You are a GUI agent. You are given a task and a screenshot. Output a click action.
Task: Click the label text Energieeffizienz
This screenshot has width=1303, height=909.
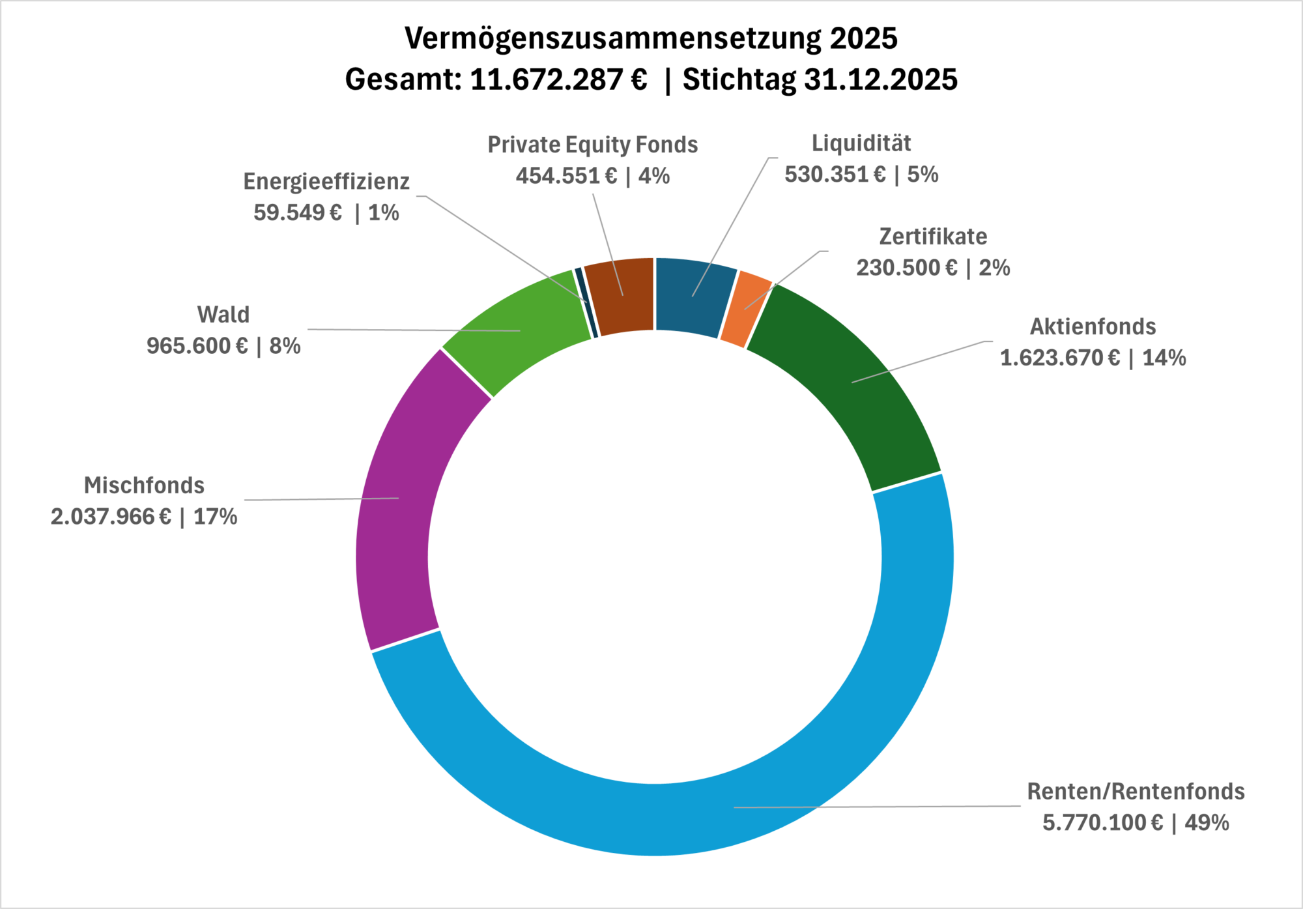[326, 182]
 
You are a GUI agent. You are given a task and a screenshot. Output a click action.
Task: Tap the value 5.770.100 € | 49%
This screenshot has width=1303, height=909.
[1136, 823]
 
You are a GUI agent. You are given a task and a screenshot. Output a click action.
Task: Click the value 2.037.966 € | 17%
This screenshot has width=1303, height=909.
[144, 517]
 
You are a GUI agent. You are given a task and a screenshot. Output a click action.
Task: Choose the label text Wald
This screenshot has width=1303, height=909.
[223, 315]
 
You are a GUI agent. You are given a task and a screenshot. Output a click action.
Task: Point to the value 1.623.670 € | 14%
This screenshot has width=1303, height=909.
[1093, 358]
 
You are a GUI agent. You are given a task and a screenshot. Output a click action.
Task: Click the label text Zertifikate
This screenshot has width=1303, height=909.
[933, 237]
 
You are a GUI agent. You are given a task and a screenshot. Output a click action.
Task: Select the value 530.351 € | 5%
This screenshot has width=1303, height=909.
[861, 175]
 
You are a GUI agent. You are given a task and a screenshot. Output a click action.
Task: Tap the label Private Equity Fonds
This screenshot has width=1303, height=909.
[592, 145]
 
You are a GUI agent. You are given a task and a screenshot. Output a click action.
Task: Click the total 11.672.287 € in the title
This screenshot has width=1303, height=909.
[558, 79]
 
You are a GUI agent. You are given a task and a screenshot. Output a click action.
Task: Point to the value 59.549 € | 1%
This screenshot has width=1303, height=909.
[326, 213]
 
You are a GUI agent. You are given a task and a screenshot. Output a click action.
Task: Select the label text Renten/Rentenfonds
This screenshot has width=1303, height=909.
[1136, 792]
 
